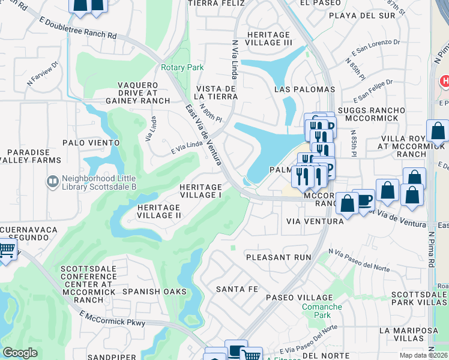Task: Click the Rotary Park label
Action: pos(182,68)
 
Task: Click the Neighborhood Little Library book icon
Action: pos(53,180)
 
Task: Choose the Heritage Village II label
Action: pos(159,211)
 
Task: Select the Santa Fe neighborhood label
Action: pos(237,289)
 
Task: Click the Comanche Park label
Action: pos(322,310)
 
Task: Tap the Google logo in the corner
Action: pos(20,353)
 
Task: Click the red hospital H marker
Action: pos(445,80)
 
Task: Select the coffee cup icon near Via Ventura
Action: pos(364,200)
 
